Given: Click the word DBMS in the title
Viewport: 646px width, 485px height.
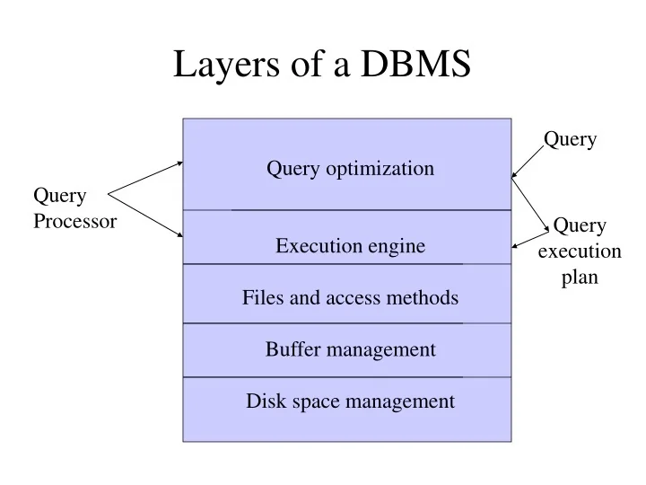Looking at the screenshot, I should pos(416,65).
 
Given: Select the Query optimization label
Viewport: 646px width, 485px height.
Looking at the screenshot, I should pos(350,168).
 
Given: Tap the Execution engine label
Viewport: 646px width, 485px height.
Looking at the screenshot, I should pos(350,246).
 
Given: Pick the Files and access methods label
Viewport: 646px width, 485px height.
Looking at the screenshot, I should pos(350,297).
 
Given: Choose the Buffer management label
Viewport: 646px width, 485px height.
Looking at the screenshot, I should pos(350,349).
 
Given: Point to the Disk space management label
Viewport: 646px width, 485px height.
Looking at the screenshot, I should pos(350,401).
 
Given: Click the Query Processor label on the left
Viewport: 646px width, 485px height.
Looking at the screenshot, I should pos(74,208).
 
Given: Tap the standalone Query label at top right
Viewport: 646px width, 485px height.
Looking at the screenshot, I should pos(570,139).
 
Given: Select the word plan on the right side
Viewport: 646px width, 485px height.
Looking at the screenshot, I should pos(580,278).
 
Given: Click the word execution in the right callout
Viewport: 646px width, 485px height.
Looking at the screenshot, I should pos(580,251).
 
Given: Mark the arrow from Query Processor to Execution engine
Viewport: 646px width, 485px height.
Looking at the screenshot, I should pos(145,216).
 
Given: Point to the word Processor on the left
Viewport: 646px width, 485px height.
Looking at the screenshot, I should pos(74,221).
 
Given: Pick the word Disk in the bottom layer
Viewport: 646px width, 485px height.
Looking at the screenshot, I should pos(265,401).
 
